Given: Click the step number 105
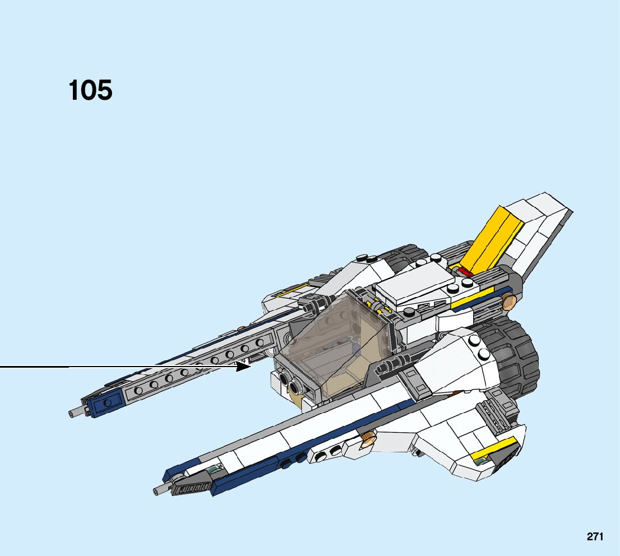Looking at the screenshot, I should pyautogui.click(x=90, y=90).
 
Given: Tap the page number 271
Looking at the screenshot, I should pyautogui.click(x=595, y=536).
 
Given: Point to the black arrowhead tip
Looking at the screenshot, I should pyautogui.click(x=249, y=366).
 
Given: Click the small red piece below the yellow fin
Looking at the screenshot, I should pyautogui.click(x=465, y=271).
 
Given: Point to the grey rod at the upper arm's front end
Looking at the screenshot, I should pyautogui.click(x=75, y=413).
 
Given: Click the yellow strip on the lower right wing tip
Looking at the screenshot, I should pyautogui.click(x=493, y=448).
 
